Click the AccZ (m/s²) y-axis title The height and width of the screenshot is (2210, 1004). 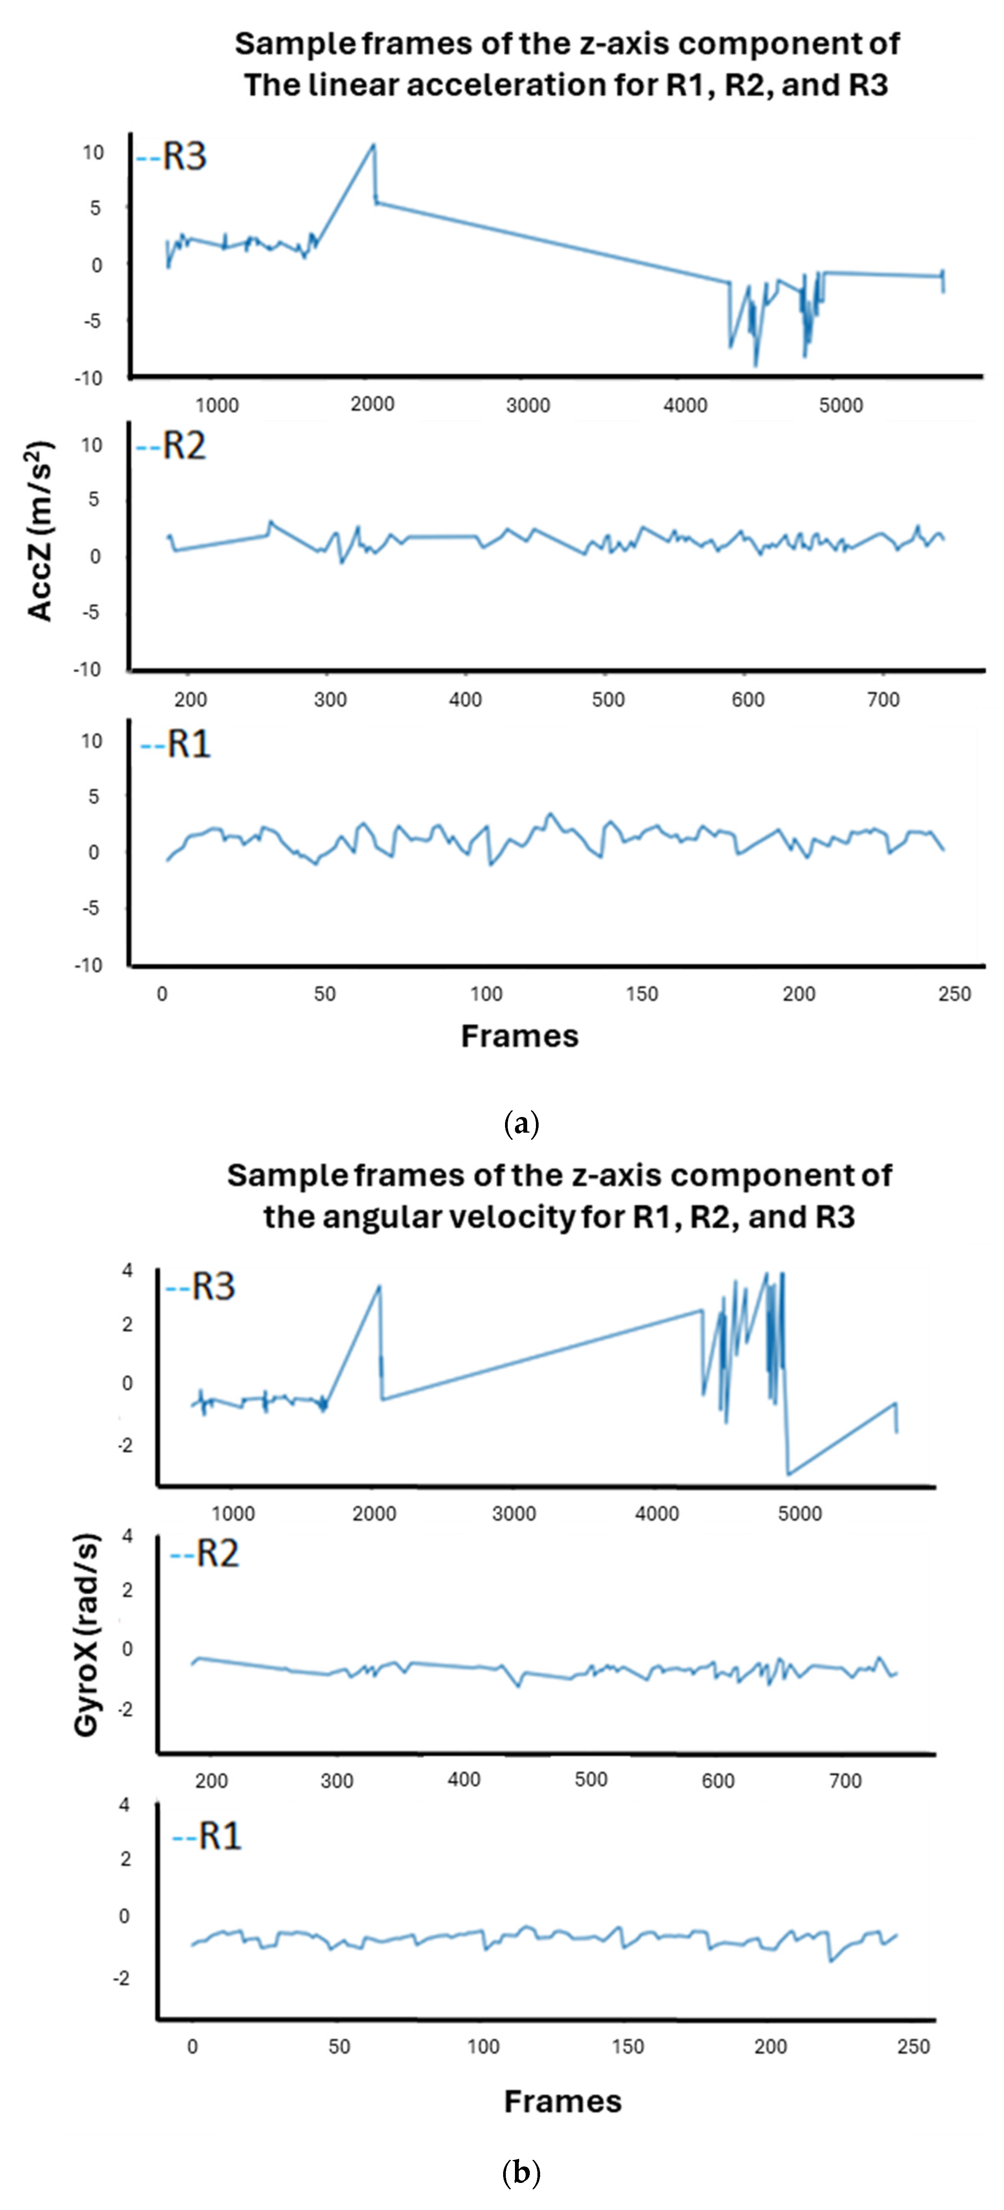(40, 530)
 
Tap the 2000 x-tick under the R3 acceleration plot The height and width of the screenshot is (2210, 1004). (372, 404)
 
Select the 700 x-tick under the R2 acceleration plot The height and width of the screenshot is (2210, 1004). (883, 699)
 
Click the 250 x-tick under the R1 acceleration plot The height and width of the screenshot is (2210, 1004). (954, 994)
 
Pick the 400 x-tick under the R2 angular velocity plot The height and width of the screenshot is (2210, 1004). (464, 1779)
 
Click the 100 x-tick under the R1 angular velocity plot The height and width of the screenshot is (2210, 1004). (484, 2046)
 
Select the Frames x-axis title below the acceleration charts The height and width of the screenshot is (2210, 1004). (520, 1035)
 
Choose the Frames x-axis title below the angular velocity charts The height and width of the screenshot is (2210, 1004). (563, 2101)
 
